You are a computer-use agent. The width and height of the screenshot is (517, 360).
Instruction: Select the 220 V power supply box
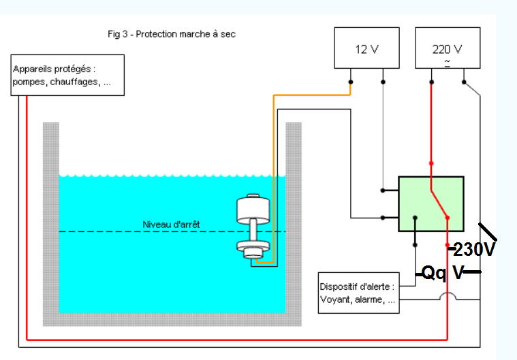pyautogui.click(x=446, y=48)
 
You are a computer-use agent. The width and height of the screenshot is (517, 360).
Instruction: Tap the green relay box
pyautogui.click(x=430, y=202)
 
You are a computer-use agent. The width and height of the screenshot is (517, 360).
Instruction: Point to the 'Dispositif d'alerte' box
pyautogui.click(x=358, y=293)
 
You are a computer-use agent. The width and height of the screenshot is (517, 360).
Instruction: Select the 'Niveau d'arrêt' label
pyautogui.click(x=171, y=225)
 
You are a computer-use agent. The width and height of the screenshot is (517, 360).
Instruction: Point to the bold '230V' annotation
pyautogui.click(x=473, y=250)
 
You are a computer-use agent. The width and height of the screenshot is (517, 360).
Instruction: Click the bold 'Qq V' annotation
pyautogui.click(x=442, y=273)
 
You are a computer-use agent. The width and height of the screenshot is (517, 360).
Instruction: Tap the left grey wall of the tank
pyautogui.click(x=50, y=218)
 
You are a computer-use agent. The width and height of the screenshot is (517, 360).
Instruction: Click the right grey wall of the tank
pyautogui.click(x=294, y=218)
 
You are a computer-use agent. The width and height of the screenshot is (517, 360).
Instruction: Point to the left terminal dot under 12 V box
pyautogui.click(x=350, y=82)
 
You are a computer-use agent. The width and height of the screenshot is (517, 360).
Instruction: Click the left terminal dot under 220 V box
pyautogui.click(x=430, y=82)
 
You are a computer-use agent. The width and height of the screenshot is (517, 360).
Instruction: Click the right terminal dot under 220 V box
pyautogui.click(x=464, y=82)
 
